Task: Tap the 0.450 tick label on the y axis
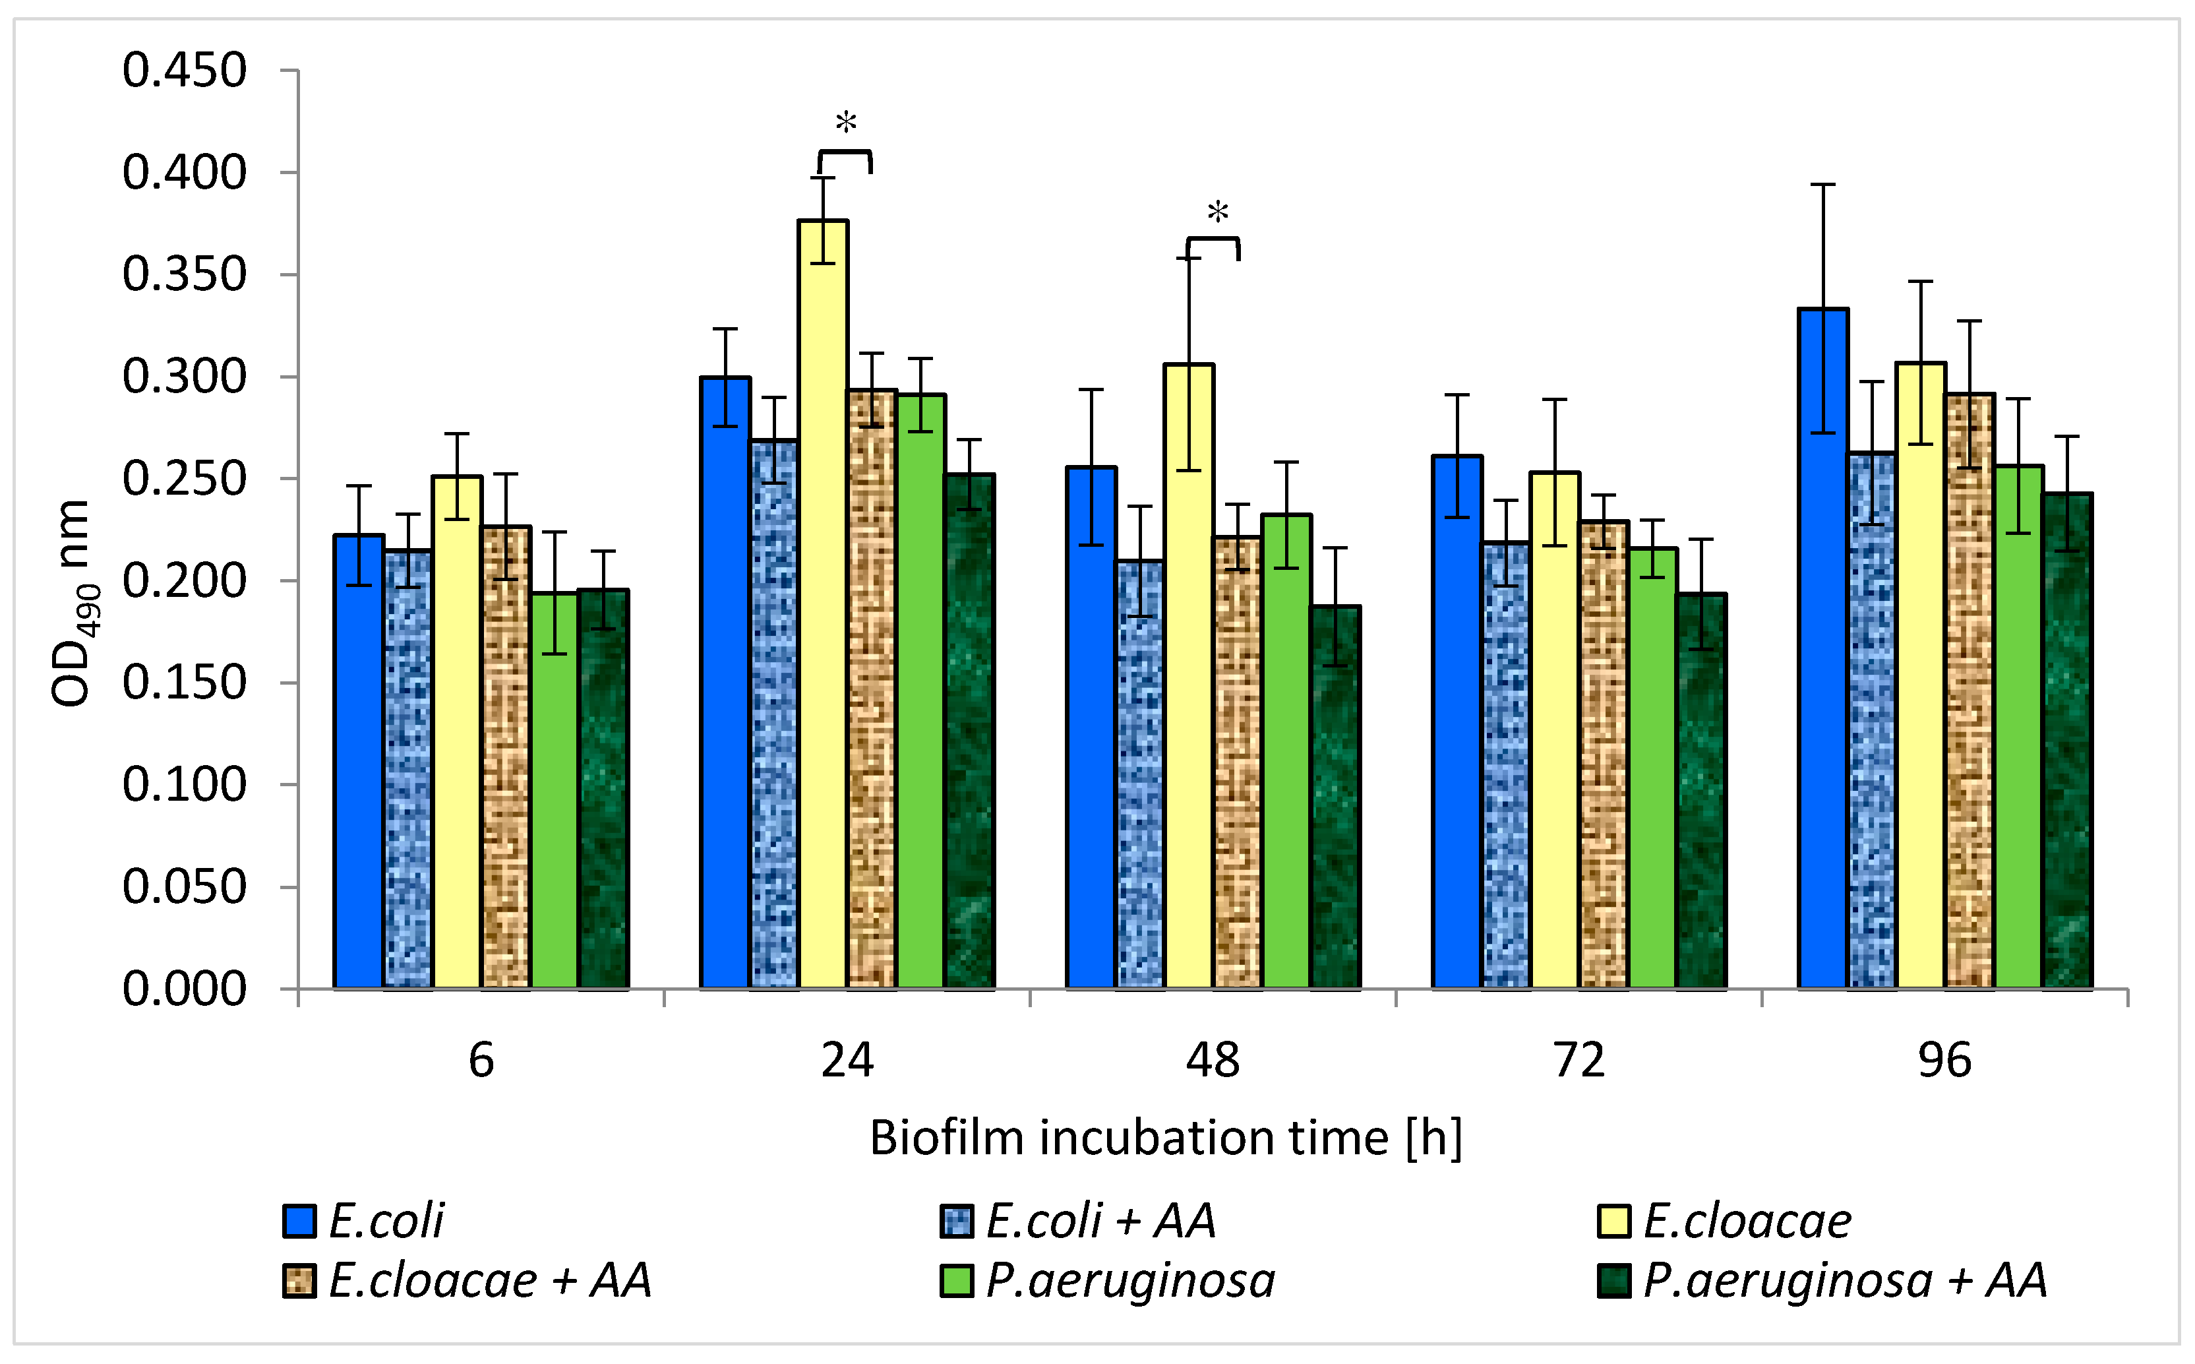[x=184, y=71]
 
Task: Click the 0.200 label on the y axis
[x=184, y=581]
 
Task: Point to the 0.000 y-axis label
[x=184, y=989]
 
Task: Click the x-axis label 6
[x=481, y=1061]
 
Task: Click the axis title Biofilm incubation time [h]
[x=1165, y=1138]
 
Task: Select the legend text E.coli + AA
[x=1100, y=1222]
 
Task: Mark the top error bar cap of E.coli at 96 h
[x=1822, y=185]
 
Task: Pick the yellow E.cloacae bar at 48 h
[x=1189, y=677]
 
